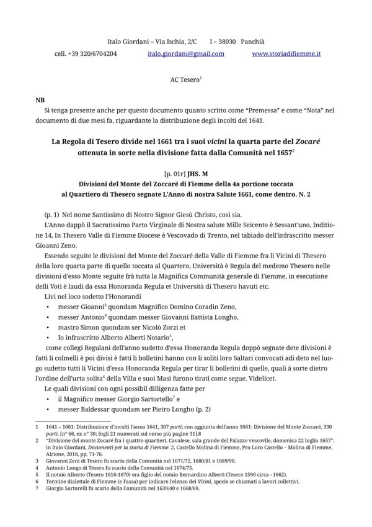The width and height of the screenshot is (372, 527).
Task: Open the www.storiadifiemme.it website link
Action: pyautogui.click(x=286, y=54)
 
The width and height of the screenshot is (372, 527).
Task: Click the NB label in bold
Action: pyautogui.click(x=40, y=99)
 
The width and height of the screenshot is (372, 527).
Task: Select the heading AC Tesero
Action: pyautogui.click(x=185, y=80)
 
